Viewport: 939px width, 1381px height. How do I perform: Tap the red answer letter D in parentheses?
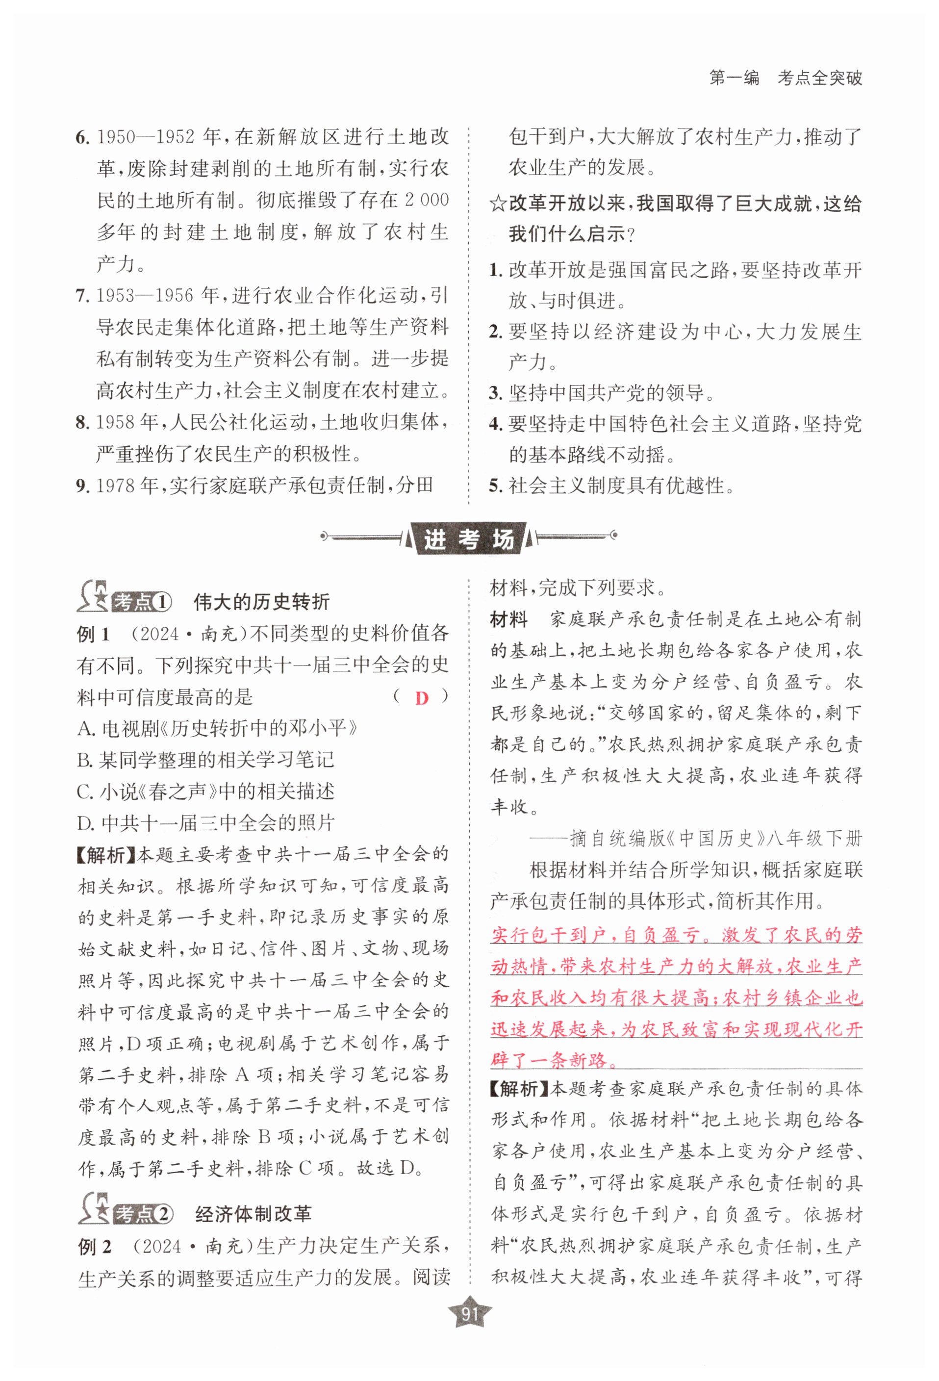[421, 698]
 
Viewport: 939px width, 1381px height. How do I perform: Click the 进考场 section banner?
[469, 539]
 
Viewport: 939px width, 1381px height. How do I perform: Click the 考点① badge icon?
[125, 601]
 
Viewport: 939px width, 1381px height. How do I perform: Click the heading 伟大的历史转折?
[261, 602]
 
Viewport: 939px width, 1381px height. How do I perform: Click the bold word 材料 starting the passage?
[508, 620]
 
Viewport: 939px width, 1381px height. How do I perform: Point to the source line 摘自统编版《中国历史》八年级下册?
[695, 839]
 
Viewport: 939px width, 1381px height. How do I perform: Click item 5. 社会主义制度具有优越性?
[612, 486]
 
